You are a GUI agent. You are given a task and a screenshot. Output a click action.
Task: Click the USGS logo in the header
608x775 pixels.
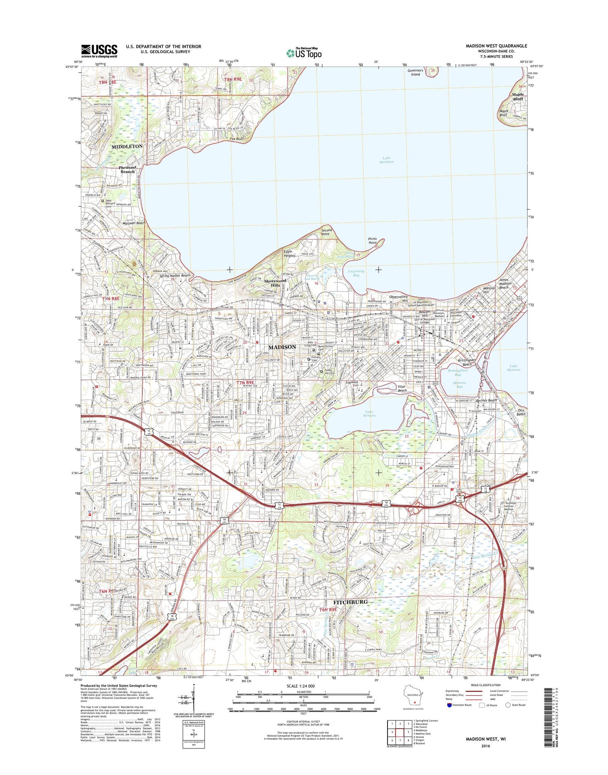[99, 51]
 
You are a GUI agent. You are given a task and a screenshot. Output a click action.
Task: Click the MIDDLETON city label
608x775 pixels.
[127, 146]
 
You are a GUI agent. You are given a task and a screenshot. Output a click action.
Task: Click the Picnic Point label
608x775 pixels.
[372, 241]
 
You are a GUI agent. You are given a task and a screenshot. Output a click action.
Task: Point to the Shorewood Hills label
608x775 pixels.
[275, 283]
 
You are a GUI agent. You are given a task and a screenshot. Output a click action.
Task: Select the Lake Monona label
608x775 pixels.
[513, 368]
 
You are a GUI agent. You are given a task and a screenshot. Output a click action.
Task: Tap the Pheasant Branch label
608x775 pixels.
[127, 169]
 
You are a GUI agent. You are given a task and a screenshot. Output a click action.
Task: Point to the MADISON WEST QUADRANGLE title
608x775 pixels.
[496, 46]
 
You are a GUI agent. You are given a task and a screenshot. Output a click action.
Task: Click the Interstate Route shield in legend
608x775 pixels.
[450, 705]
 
